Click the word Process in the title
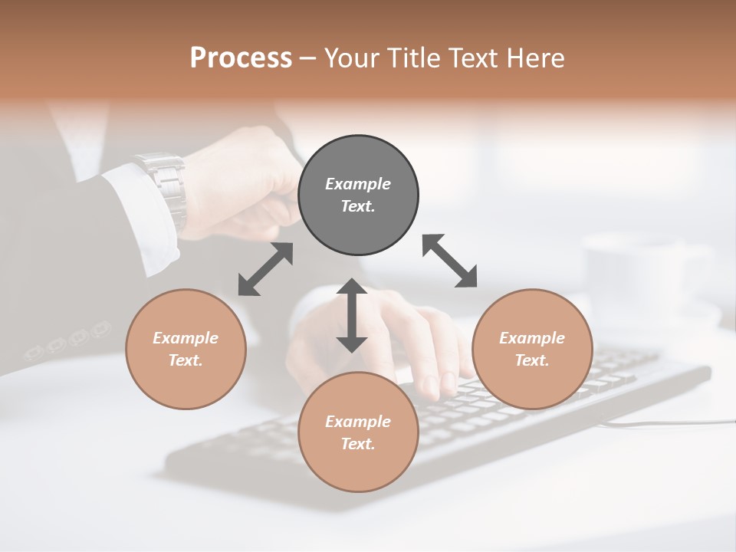coord(241,58)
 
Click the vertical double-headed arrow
coord(352,315)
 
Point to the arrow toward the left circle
coord(265,269)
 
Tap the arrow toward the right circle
coord(449,261)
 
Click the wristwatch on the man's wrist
coord(164,188)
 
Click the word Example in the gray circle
coord(358,184)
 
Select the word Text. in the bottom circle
coord(358,444)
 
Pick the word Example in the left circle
coord(186,338)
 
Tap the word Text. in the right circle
coord(532,360)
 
